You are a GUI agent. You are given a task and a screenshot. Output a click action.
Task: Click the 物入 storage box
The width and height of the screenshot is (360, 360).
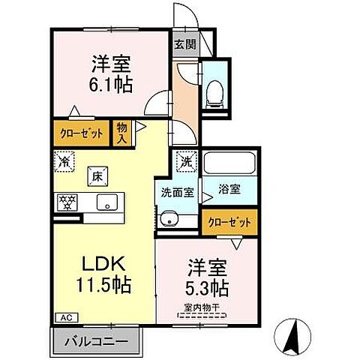(x=121, y=133)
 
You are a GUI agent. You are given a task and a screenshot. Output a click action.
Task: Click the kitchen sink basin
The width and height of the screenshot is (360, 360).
(x=106, y=201)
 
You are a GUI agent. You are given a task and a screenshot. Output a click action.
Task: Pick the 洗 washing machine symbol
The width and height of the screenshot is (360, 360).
(x=184, y=160)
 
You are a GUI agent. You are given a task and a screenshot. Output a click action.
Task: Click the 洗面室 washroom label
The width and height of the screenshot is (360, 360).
(x=177, y=191)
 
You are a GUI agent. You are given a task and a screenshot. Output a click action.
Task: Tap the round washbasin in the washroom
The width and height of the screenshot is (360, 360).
(x=169, y=219)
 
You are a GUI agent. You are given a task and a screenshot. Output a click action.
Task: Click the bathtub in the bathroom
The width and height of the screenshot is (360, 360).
(x=229, y=162)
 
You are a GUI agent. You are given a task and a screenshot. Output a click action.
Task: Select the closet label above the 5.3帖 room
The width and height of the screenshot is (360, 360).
(x=228, y=221)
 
